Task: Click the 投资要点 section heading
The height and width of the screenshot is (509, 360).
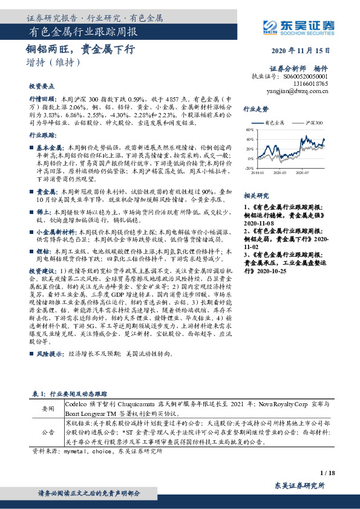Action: point(41,86)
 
